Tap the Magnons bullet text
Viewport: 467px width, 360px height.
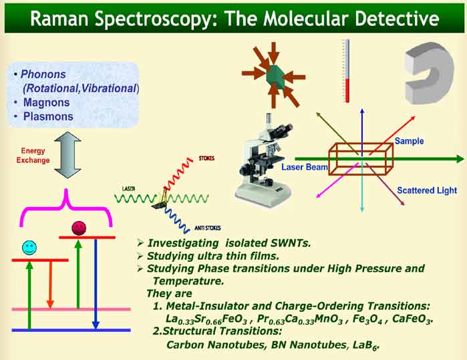pos(49,103)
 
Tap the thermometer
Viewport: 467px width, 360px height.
pos(346,70)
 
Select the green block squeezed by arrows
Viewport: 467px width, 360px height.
pos(275,75)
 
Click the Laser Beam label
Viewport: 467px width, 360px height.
pos(303,167)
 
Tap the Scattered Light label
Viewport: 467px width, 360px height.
pos(427,190)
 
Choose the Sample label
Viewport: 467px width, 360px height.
pos(409,141)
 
